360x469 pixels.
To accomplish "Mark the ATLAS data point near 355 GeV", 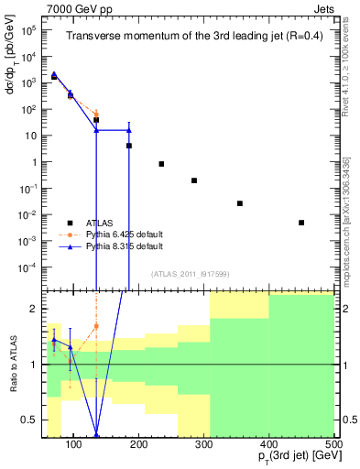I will click(x=240, y=203).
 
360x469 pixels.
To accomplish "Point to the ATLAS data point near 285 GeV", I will click(x=194, y=180).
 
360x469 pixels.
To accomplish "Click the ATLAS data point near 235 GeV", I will click(x=161, y=164).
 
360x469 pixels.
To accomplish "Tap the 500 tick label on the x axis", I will click(x=334, y=443).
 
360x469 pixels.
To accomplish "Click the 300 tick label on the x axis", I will click(x=204, y=443).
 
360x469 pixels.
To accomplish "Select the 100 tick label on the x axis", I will click(x=74, y=443).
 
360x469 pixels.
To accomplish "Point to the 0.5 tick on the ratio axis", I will click(x=33, y=420).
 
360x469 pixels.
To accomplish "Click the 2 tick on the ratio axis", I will click(x=38, y=309).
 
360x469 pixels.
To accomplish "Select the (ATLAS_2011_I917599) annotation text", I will click(x=190, y=275).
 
